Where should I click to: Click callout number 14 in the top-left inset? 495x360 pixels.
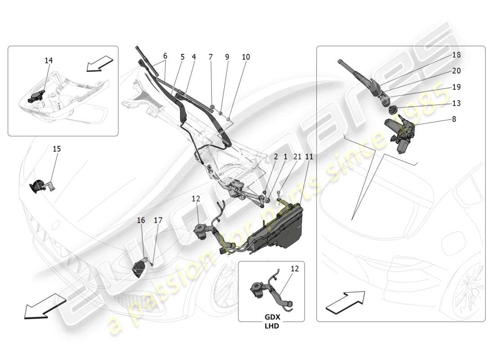tap(48, 60)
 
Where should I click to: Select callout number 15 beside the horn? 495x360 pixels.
tap(57, 149)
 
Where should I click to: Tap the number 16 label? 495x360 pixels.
tap(141, 220)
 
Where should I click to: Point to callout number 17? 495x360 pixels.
tap(157, 220)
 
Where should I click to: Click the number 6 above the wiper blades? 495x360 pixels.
tap(165, 56)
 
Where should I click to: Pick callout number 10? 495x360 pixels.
tap(246, 57)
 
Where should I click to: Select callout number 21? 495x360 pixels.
tap(297, 157)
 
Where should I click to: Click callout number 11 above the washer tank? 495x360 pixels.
tap(309, 157)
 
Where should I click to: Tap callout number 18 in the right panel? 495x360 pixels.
tap(456, 55)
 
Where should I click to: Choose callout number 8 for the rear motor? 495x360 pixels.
tap(454, 119)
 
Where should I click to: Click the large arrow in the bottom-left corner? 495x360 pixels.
tap(42, 306)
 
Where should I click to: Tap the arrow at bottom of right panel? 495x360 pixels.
tap(345, 301)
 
